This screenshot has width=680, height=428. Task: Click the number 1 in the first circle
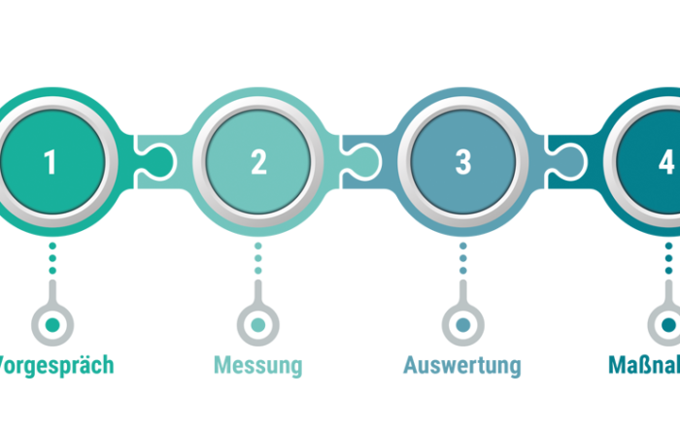click(x=51, y=161)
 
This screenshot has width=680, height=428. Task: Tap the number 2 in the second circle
click(x=258, y=161)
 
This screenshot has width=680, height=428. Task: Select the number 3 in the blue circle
click(x=463, y=161)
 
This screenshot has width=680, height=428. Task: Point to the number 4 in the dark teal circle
click(x=665, y=161)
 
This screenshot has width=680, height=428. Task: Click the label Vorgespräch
click(x=56, y=366)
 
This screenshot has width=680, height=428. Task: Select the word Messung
click(x=258, y=366)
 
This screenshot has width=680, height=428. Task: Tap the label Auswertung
click(x=462, y=366)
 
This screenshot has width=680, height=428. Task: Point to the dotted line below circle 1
click(x=52, y=259)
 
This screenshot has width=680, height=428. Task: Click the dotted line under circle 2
click(x=257, y=259)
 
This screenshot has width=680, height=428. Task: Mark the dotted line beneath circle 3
click(x=462, y=259)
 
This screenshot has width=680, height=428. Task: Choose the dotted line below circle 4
click(x=668, y=259)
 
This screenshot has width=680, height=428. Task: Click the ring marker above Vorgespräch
click(x=52, y=324)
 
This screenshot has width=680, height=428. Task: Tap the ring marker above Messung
click(x=257, y=324)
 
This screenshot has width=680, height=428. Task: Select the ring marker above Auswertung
click(x=462, y=324)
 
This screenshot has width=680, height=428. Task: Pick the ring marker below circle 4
click(x=668, y=324)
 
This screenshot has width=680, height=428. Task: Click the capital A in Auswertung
click(x=411, y=366)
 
